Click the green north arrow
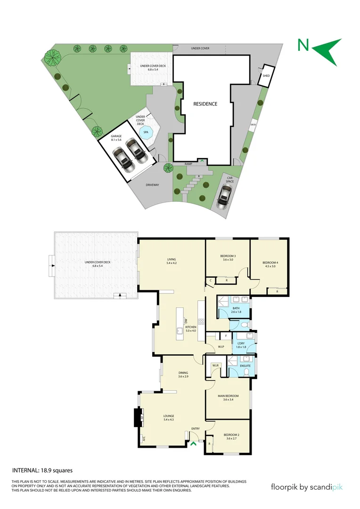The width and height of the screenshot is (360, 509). click(328, 50)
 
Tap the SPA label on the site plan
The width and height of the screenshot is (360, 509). click(146, 132)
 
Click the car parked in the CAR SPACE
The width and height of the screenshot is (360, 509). click(224, 196)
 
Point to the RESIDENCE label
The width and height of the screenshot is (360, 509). click(205, 104)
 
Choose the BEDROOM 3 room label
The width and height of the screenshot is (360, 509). click(228, 256)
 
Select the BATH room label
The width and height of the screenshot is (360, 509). click(236, 308)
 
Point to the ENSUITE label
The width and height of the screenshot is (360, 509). click(245, 365)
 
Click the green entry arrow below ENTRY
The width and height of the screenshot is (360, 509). click(193, 443)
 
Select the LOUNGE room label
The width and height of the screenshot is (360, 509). click(169, 416)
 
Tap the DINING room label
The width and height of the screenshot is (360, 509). click(183, 373)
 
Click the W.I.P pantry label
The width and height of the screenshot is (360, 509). click(221, 347)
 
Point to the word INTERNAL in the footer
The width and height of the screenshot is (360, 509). click(25, 470)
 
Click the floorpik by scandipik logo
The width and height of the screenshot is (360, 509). click(306, 487)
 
